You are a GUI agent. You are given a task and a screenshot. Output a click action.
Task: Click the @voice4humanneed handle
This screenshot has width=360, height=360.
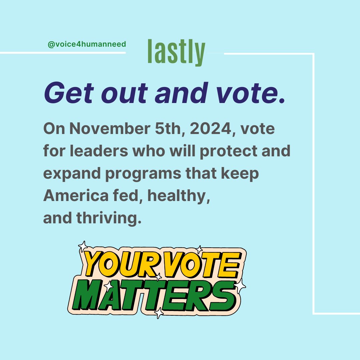[x=87, y=44]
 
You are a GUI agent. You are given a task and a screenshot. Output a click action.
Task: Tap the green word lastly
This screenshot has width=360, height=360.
[x=176, y=52]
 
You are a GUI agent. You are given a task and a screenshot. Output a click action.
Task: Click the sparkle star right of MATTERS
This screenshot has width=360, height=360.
[x=240, y=286]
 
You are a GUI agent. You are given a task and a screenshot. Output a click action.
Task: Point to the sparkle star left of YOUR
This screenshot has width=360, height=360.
[x=82, y=246]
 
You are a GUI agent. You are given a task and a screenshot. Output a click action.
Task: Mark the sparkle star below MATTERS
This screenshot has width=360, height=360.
[x=159, y=313]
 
